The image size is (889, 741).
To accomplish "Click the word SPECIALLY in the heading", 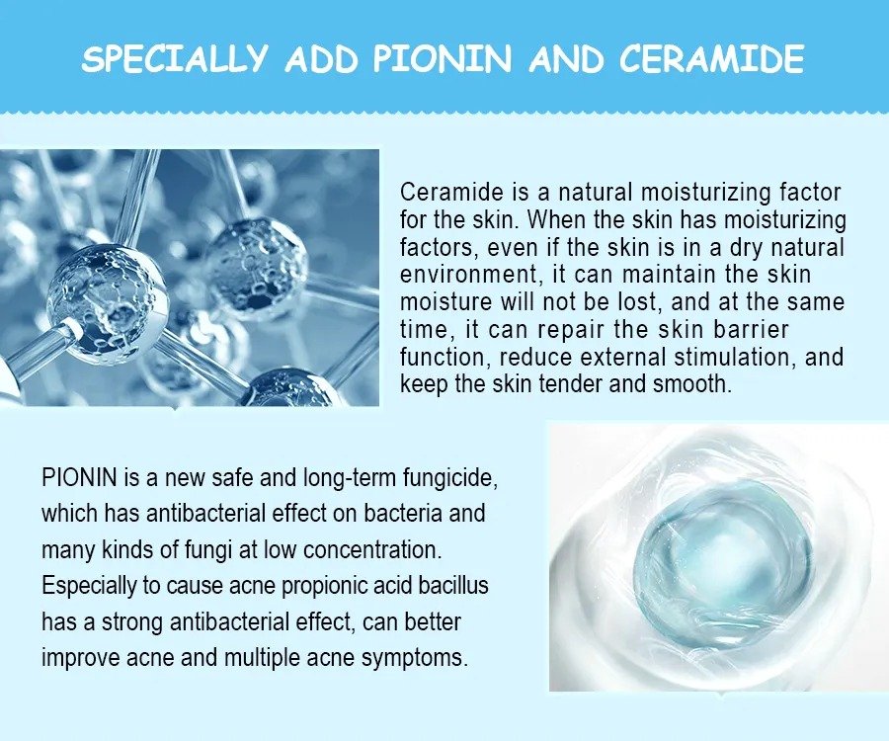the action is (x=174, y=58).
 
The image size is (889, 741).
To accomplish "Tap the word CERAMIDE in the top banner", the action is (x=711, y=58).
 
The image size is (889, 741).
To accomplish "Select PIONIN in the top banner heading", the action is (x=442, y=58).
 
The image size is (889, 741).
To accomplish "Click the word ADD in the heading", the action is (x=321, y=58).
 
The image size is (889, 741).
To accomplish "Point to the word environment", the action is (x=468, y=275).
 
